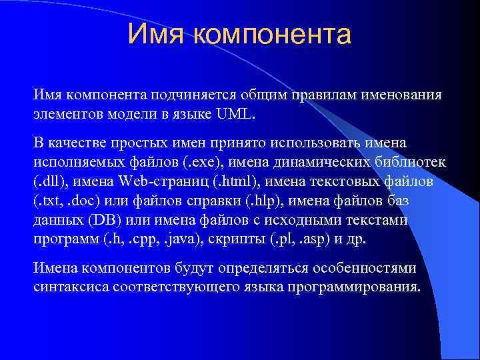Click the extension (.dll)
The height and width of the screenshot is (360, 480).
pos(51,182)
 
